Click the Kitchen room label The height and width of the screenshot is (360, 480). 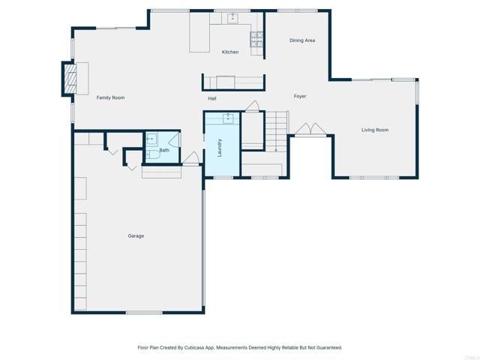tap(229, 52)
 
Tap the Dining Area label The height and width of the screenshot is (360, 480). tap(302, 40)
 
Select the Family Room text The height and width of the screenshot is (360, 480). tap(110, 97)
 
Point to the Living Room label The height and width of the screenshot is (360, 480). tap(375, 130)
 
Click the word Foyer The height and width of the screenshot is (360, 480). tap(300, 96)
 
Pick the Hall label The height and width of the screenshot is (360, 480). tap(212, 98)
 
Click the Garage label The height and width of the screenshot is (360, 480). tap(136, 235)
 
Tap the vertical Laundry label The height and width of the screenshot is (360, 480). tap(220, 147)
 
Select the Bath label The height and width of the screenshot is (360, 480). tap(163, 150)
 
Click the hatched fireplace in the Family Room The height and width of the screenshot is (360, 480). tap(69, 77)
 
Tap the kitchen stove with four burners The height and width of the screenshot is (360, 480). tap(256, 39)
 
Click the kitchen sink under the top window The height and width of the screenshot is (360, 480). tap(232, 16)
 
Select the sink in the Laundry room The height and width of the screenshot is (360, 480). tap(228, 118)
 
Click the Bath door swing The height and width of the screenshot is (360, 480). tap(175, 139)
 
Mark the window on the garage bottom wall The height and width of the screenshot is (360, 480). tap(143, 312)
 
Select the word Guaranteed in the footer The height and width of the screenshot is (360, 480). tap(326, 347)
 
